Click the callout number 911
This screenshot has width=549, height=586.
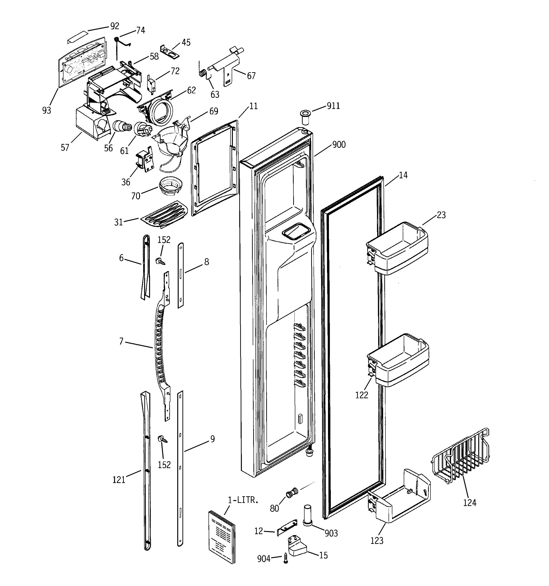pyautogui.click(x=333, y=106)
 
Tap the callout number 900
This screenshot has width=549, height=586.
pyautogui.click(x=339, y=145)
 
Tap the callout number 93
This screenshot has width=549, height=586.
pyautogui.click(x=47, y=111)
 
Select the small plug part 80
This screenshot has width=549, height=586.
pyautogui.click(x=292, y=492)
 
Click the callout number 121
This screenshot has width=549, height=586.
pyautogui.click(x=119, y=480)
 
